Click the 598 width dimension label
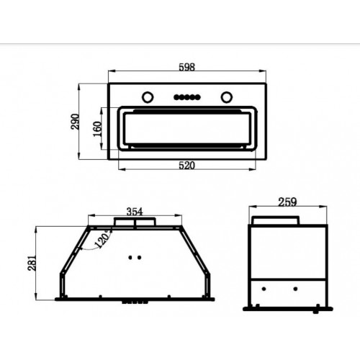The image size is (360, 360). coord(187,67)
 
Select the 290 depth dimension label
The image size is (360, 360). coord(75,122)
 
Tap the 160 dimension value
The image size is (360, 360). coord(97,129)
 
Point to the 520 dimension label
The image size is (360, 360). coord(187,166)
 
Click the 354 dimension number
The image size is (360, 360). coord(135,212)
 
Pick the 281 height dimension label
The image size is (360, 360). coord(32,264)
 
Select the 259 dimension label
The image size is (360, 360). coord(287,202)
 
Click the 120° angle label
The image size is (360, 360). coord(103,239)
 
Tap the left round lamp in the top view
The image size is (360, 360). coord(148,97)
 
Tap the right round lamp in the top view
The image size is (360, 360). coord(227,97)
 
